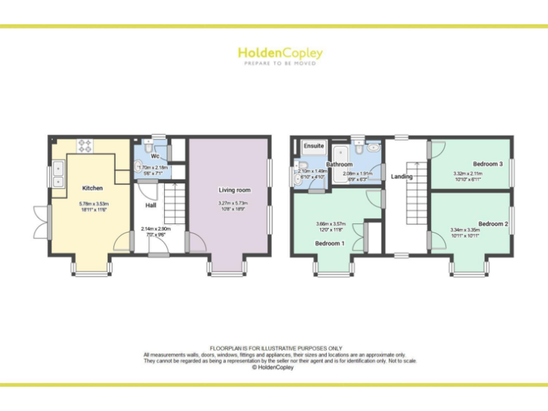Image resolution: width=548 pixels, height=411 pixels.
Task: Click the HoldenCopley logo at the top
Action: pyautogui.click(x=280, y=54)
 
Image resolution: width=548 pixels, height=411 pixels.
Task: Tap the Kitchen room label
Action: pyautogui.click(x=92, y=188)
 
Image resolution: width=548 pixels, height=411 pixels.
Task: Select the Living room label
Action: pyautogui.click(x=234, y=191)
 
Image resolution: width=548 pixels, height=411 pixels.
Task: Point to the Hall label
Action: pyautogui.click(x=151, y=205)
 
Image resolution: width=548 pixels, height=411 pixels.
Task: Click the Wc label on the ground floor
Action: pyautogui.click(x=154, y=156)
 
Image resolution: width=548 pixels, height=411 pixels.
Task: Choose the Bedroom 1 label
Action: pyautogui.click(x=330, y=243)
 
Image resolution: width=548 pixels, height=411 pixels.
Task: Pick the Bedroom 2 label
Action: pyautogui.click(x=493, y=223)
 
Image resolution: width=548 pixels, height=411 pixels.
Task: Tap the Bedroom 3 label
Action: pyautogui.click(x=487, y=164)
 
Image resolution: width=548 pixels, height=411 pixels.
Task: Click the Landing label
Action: pyautogui.click(x=402, y=176)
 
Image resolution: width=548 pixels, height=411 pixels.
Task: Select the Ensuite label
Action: pyautogui.click(x=314, y=146)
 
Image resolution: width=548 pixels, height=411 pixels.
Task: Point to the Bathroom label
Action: pyautogui.click(x=340, y=164)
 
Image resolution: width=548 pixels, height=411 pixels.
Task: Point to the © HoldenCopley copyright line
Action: pyautogui.click(x=274, y=367)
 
